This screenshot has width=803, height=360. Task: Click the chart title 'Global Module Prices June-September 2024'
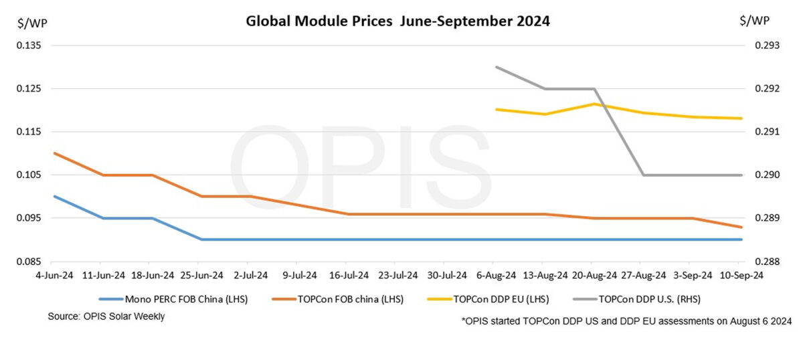click(397, 21)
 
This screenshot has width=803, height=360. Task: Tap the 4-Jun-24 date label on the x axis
click(54, 275)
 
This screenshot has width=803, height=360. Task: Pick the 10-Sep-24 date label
click(741, 275)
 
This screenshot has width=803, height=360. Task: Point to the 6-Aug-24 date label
click(496, 275)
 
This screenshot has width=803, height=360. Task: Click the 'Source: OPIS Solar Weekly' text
click(106, 317)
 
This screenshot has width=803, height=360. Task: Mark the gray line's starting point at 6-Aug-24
click(496, 67)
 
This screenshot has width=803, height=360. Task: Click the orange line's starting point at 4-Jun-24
click(54, 153)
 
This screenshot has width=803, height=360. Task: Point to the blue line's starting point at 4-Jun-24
click(54, 196)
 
